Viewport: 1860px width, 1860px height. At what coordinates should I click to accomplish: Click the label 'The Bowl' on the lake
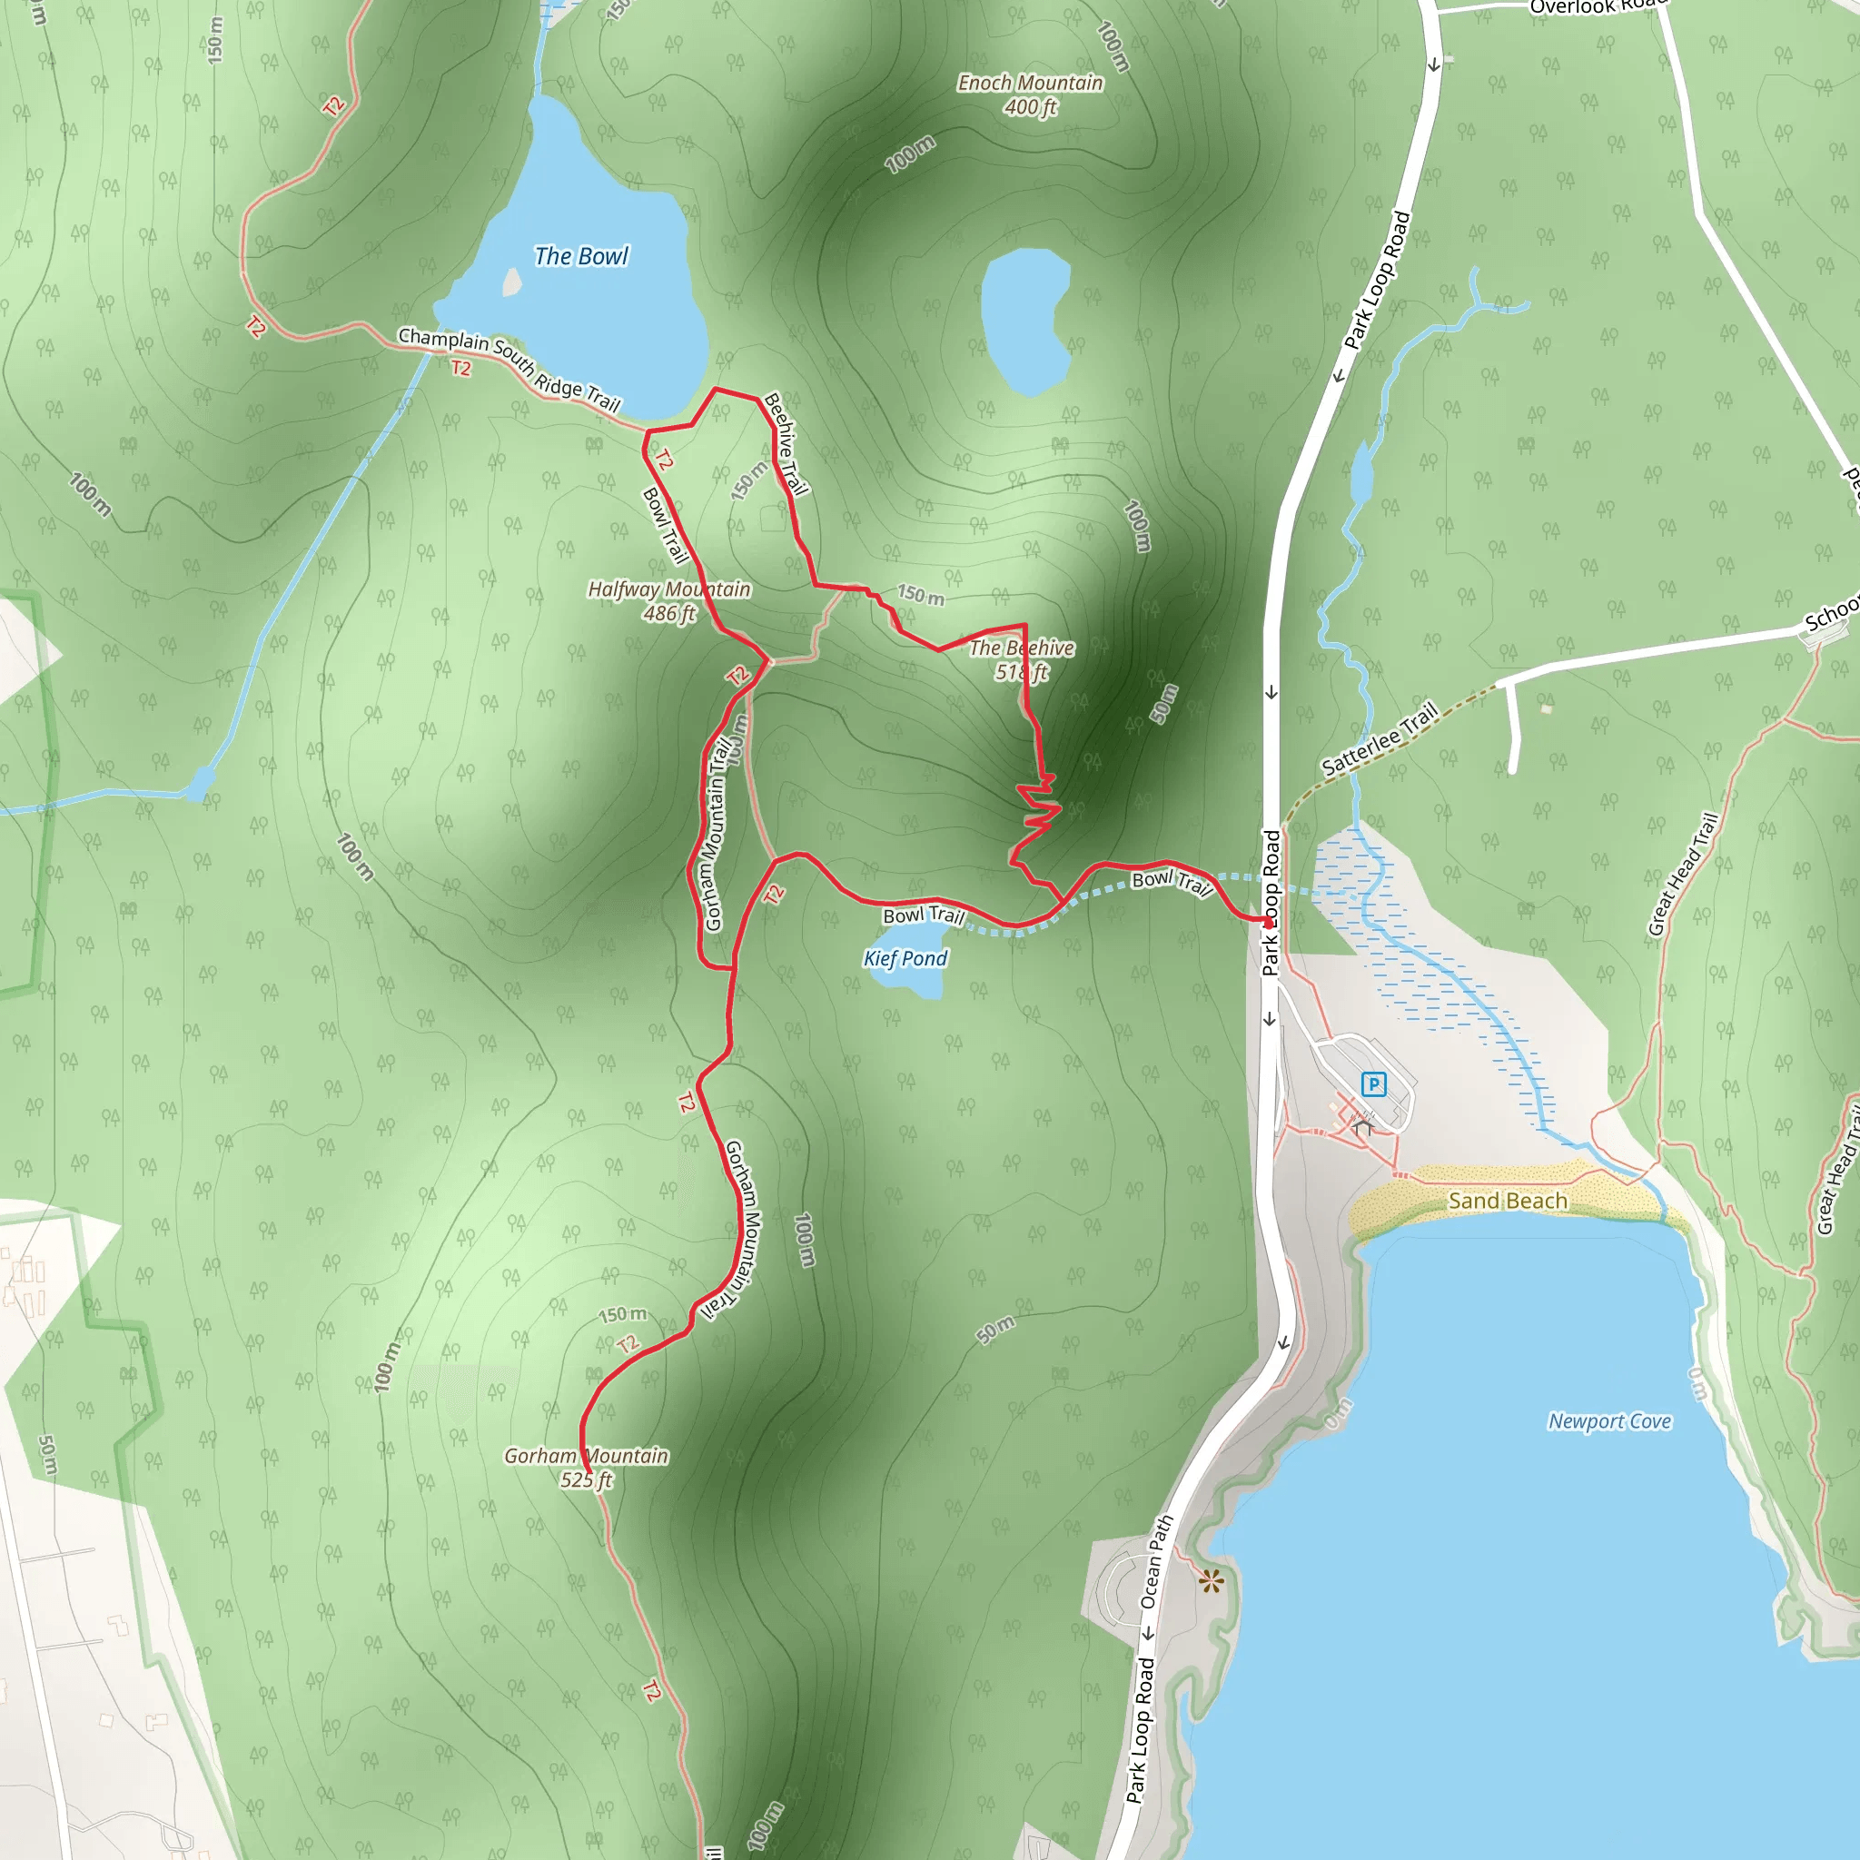[x=580, y=256]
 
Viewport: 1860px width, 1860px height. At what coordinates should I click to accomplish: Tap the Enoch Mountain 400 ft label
[x=1029, y=94]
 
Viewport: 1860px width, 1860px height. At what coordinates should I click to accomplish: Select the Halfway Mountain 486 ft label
[x=669, y=600]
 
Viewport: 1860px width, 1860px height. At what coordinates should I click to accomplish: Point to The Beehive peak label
[x=1022, y=659]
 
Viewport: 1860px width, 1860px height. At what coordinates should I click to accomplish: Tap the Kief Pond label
[x=905, y=958]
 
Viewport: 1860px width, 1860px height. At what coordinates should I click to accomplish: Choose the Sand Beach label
[x=1508, y=1201]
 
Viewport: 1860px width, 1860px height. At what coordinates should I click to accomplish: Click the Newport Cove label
[x=1608, y=1421]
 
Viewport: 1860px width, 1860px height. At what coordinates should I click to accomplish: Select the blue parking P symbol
[x=1374, y=1085]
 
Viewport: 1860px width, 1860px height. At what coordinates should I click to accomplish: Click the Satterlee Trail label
[x=1380, y=739]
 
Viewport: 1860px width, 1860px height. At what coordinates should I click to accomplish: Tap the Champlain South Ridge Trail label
[x=510, y=369]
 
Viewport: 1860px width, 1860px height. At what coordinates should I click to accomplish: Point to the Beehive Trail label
[x=786, y=443]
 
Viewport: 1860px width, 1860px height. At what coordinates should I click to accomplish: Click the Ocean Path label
[x=1156, y=1561]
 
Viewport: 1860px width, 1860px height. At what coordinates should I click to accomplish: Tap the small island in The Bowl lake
[x=512, y=282]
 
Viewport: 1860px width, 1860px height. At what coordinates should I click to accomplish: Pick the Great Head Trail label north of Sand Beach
[x=1682, y=875]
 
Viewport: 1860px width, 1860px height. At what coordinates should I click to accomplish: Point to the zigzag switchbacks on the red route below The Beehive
[x=1037, y=814]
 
